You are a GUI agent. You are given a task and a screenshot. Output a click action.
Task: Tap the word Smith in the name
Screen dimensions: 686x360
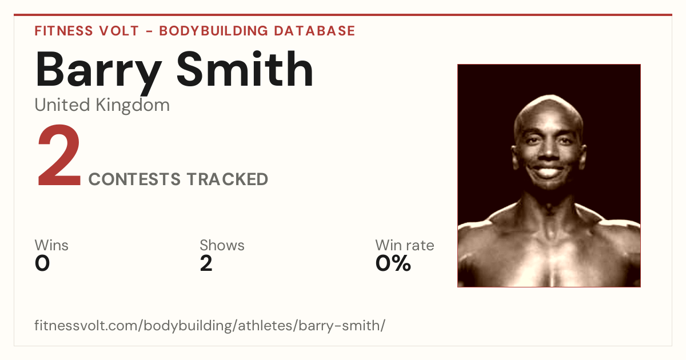click(x=245, y=69)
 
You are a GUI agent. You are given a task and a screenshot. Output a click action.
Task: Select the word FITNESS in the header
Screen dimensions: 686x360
click(x=63, y=31)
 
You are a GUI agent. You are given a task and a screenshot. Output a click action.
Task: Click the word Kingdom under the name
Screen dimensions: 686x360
click(x=133, y=106)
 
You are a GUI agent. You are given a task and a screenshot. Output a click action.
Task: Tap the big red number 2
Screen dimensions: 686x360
click(x=59, y=155)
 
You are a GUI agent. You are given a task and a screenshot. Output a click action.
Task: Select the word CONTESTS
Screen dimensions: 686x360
click(x=134, y=179)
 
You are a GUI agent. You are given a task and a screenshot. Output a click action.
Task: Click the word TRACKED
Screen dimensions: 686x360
click(x=228, y=179)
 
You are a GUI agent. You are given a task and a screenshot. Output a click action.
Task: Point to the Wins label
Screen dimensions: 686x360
click(x=51, y=245)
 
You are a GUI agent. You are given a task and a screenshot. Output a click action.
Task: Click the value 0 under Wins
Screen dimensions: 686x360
click(x=42, y=263)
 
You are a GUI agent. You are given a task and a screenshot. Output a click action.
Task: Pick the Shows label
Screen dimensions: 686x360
click(x=222, y=245)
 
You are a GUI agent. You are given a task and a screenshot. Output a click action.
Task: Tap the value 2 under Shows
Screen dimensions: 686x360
click(x=206, y=263)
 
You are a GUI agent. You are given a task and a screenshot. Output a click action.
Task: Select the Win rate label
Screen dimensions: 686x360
click(x=405, y=245)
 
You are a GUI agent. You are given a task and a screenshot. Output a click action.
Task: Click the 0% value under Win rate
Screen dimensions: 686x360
click(x=393, y=263)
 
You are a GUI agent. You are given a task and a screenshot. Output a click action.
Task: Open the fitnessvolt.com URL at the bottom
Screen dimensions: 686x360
click(x=210, y=326)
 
